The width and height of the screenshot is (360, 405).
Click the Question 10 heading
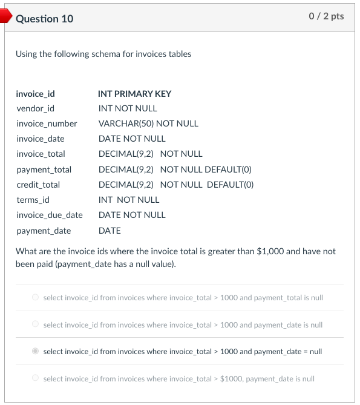tap(45, 19)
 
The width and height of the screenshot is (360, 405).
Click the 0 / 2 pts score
tap(326, 16)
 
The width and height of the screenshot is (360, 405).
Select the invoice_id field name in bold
tap(35, 94)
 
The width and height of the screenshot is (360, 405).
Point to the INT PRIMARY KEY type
tap(134, 94)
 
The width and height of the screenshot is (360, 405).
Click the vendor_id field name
tap(35, 108)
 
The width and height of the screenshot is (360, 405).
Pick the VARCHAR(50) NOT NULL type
tap(148, 123)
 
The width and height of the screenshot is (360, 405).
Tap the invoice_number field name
tap(47, 123)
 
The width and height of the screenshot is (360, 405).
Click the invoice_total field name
tap(41, 154)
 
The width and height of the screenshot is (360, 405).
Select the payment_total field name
tap(44, 170)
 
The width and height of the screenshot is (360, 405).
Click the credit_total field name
tap(38, 185)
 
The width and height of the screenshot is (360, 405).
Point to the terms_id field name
tap(33, 200)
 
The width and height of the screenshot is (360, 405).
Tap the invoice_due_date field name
tap(50, 215)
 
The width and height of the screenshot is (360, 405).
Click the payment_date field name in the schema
tap(44, 231)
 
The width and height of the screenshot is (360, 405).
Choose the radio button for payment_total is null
tap(36, 298)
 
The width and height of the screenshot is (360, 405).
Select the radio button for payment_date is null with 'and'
tap(36, 325)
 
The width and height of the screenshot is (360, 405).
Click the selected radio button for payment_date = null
tap(36, 351)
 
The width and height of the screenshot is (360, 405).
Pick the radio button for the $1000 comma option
tap(36, 378)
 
